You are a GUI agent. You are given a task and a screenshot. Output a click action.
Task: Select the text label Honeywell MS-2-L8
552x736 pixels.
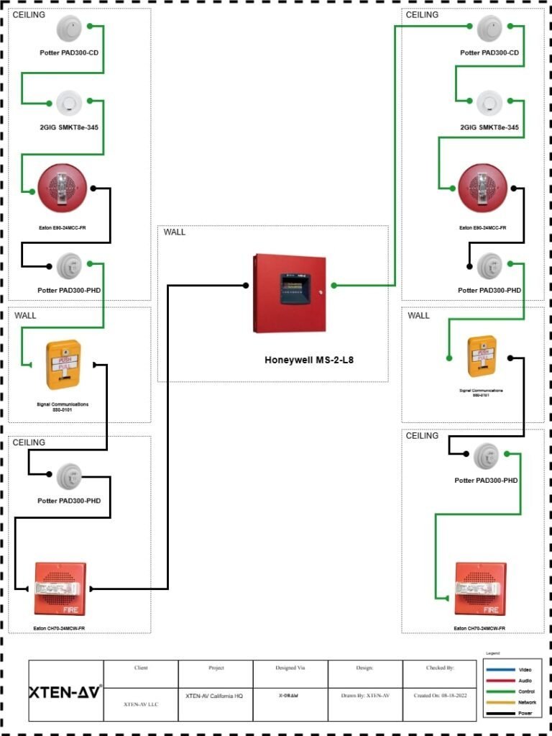[x=309, y=360]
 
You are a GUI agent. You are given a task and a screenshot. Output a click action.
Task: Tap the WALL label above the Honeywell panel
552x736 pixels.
[x=174, y=232]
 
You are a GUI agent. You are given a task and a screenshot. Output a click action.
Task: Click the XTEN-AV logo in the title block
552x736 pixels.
[x=65, y=692]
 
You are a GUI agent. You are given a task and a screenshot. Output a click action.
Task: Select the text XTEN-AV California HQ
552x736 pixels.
[x=215, y=696]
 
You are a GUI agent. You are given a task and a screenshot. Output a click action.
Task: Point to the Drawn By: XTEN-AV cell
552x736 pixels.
[x=364, y=696]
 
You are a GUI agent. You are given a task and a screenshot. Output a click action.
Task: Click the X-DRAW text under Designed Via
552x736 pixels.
[x=290, y=696]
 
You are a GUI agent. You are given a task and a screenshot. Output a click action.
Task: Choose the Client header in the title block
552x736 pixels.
[x=141, y=668]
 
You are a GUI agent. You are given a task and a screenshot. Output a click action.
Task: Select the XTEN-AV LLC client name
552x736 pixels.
[x=141, y=704]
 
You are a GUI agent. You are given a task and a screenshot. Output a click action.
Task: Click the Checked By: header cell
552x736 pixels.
[x=439, y=668]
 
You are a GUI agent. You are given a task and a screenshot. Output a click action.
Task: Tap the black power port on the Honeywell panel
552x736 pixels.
[x=246, y=286]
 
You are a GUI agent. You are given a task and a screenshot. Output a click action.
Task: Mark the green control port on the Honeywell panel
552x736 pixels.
[x=333, y=286]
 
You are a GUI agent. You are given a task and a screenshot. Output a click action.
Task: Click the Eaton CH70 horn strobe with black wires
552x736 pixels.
[x=60, y=589]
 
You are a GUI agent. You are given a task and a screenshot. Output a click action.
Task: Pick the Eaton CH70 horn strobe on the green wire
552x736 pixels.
[x=481, y=589]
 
